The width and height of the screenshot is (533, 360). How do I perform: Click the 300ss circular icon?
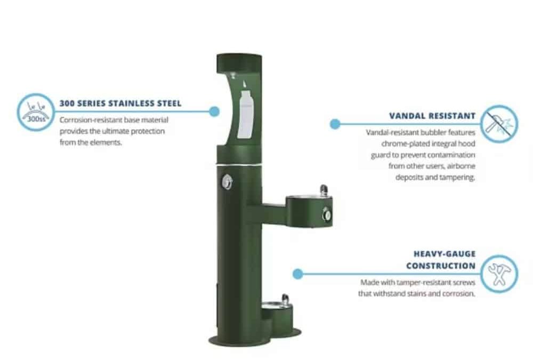point(36,113)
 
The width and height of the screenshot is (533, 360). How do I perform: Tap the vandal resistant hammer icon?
point(499,124)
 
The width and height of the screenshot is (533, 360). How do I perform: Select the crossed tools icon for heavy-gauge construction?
point(499,274)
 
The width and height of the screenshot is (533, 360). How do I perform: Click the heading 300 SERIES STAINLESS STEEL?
point(120,103)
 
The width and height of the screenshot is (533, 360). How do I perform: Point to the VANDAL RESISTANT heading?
point(432,116)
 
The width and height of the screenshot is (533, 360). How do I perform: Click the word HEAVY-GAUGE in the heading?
point(445,254)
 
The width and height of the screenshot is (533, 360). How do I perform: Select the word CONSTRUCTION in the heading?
point(441,266)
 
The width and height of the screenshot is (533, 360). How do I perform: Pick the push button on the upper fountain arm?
point(327,214)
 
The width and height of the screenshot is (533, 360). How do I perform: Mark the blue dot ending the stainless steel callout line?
point(214,111)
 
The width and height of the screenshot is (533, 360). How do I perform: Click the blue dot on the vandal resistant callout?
point(335,124)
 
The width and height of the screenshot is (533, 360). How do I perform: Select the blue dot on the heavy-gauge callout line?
point(298,274)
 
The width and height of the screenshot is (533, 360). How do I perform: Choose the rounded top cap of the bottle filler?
point(239,63)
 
